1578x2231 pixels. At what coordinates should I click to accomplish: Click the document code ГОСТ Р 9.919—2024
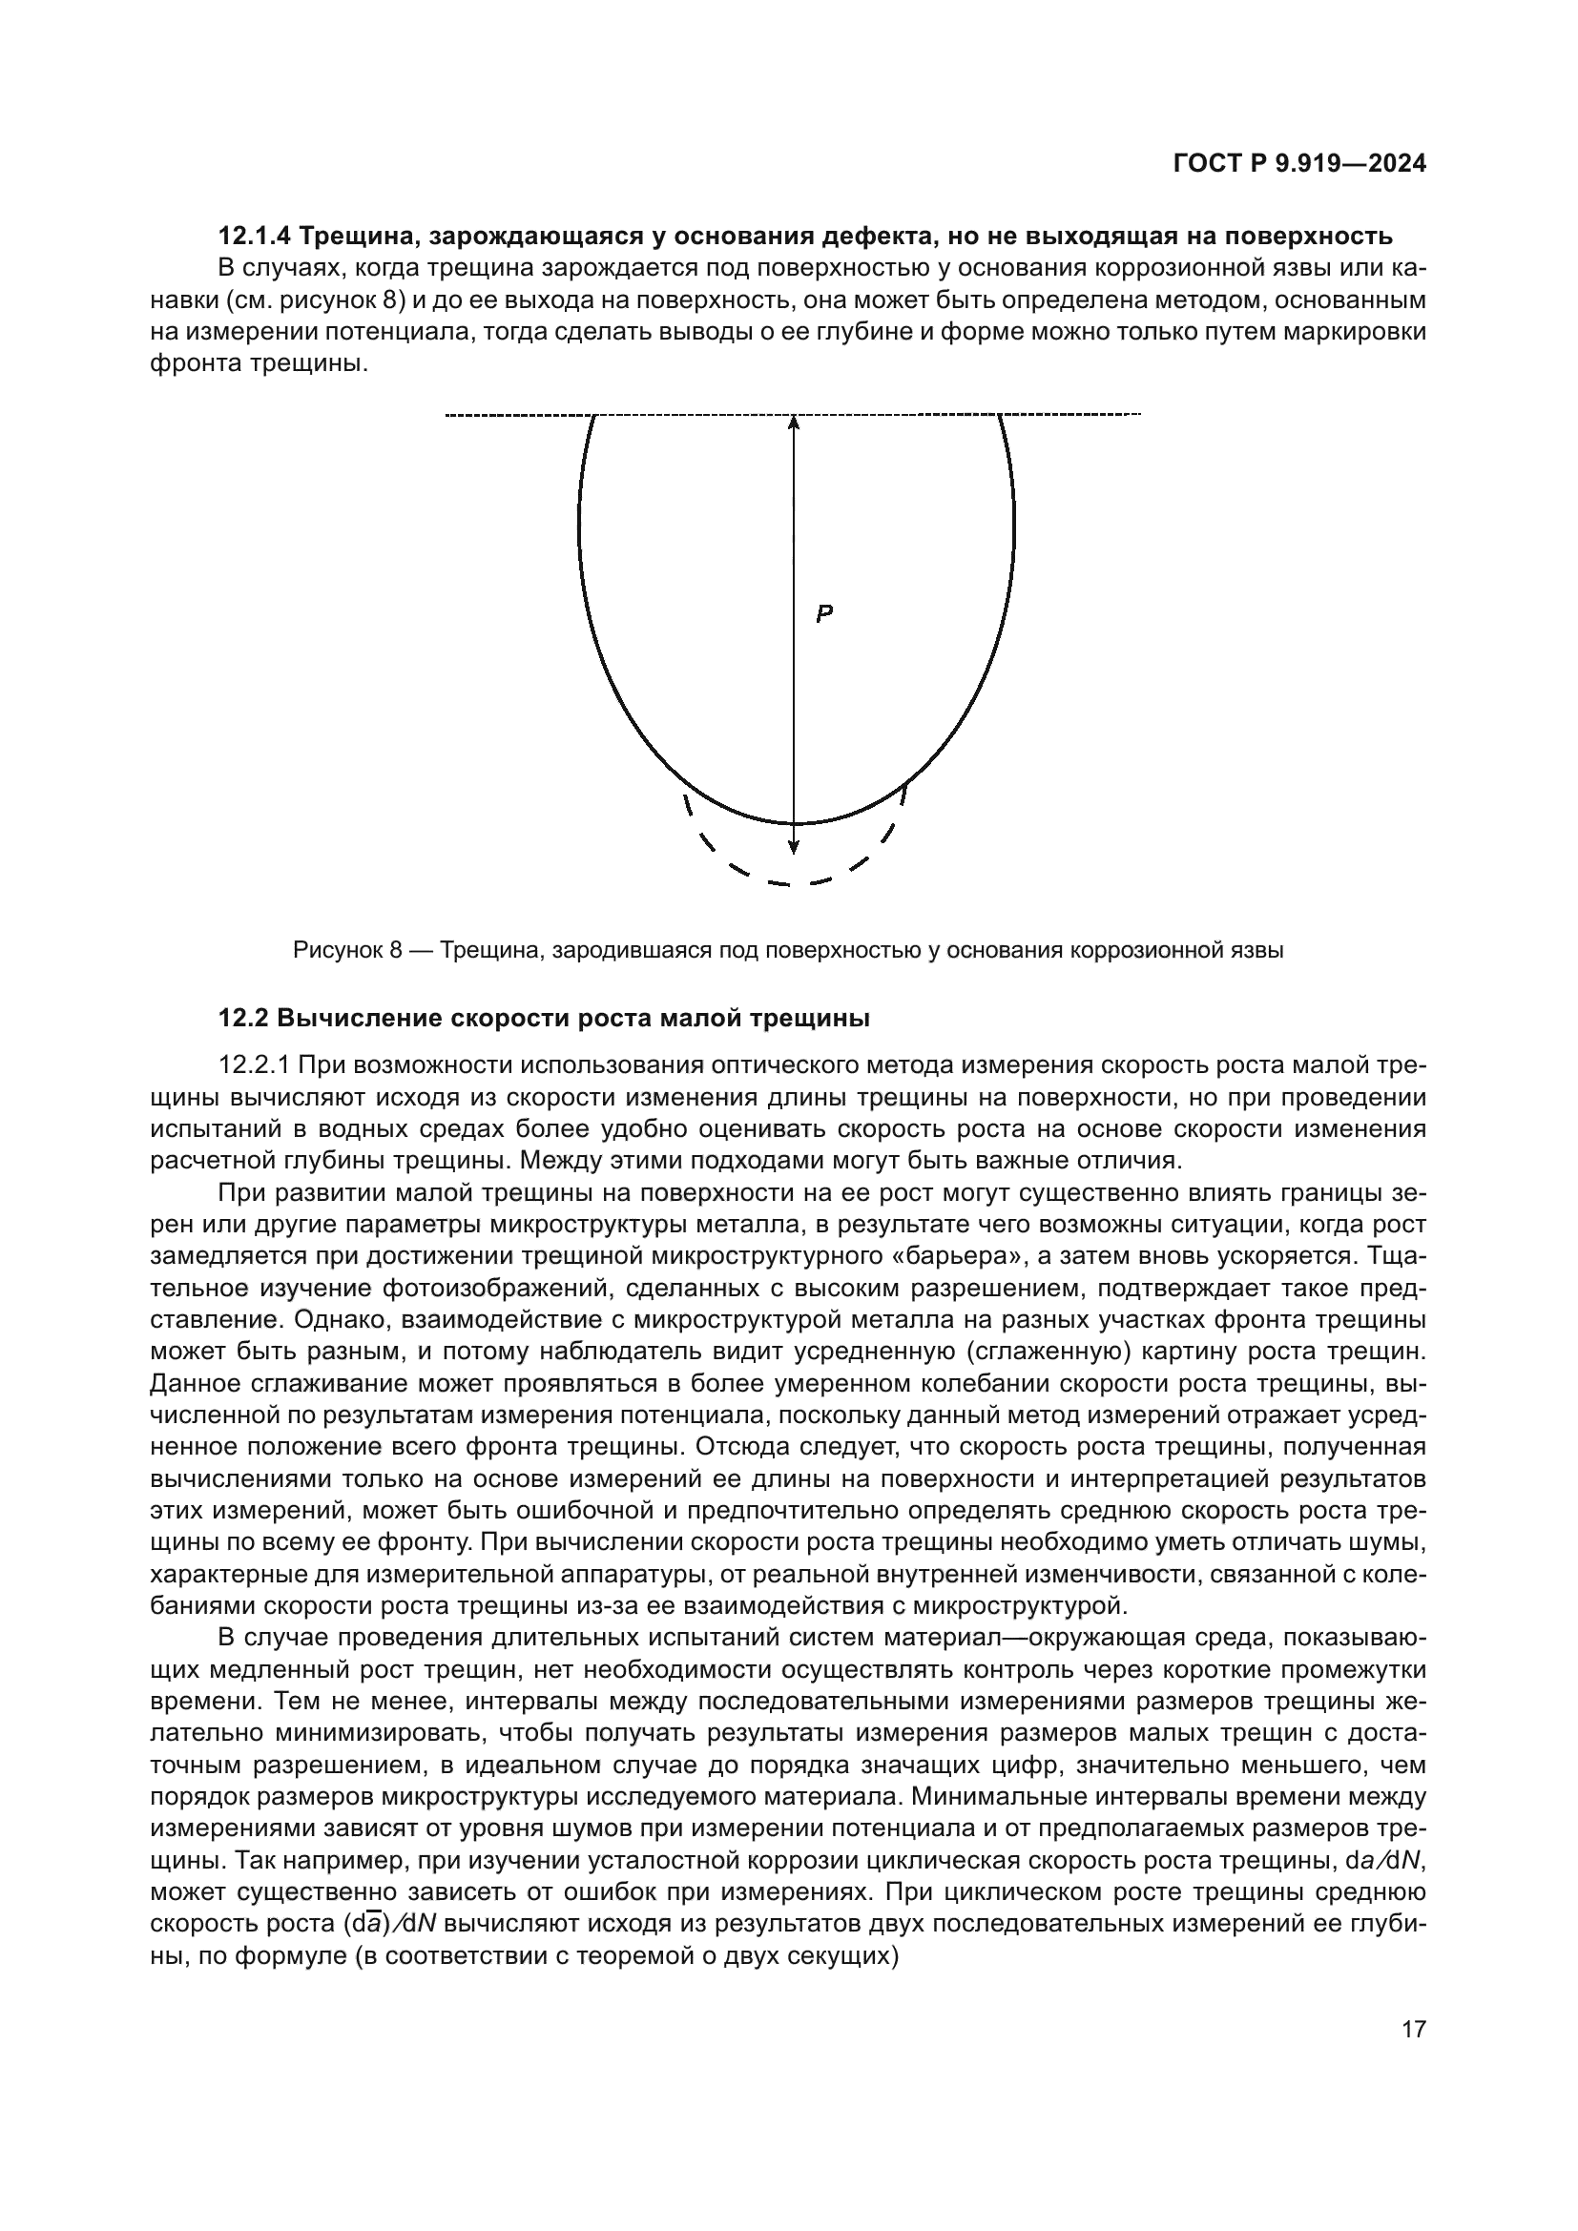coord(1299,164)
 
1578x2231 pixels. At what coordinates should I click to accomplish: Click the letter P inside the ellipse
coord(824,613)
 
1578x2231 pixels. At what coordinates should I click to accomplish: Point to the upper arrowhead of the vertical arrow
coord(794,423)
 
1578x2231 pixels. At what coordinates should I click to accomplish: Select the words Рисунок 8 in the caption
coord(347,950)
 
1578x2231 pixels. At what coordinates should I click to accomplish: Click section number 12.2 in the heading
coord(243,1019)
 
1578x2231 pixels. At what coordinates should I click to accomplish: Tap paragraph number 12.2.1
coord(255,1065)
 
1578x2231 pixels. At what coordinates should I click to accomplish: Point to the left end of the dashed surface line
coord(446,416)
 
